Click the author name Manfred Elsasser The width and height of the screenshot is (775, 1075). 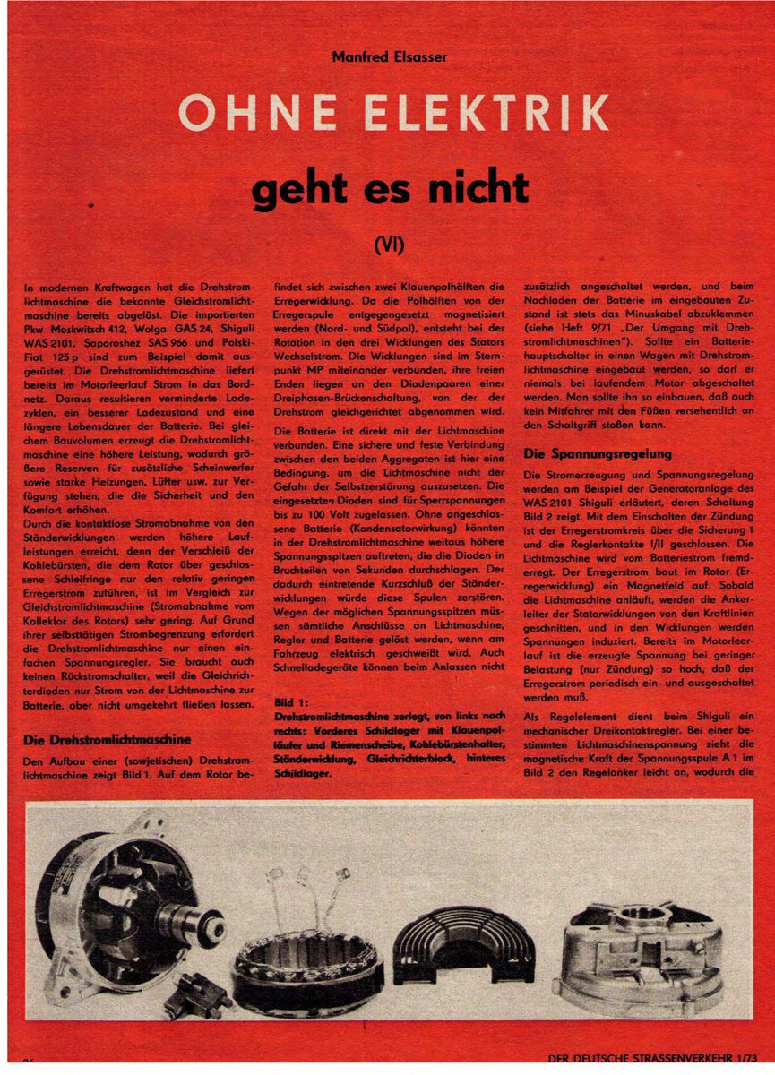[388, 57]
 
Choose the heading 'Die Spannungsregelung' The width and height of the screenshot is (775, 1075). [597, 454]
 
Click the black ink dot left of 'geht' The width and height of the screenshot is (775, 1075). [92, 207]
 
